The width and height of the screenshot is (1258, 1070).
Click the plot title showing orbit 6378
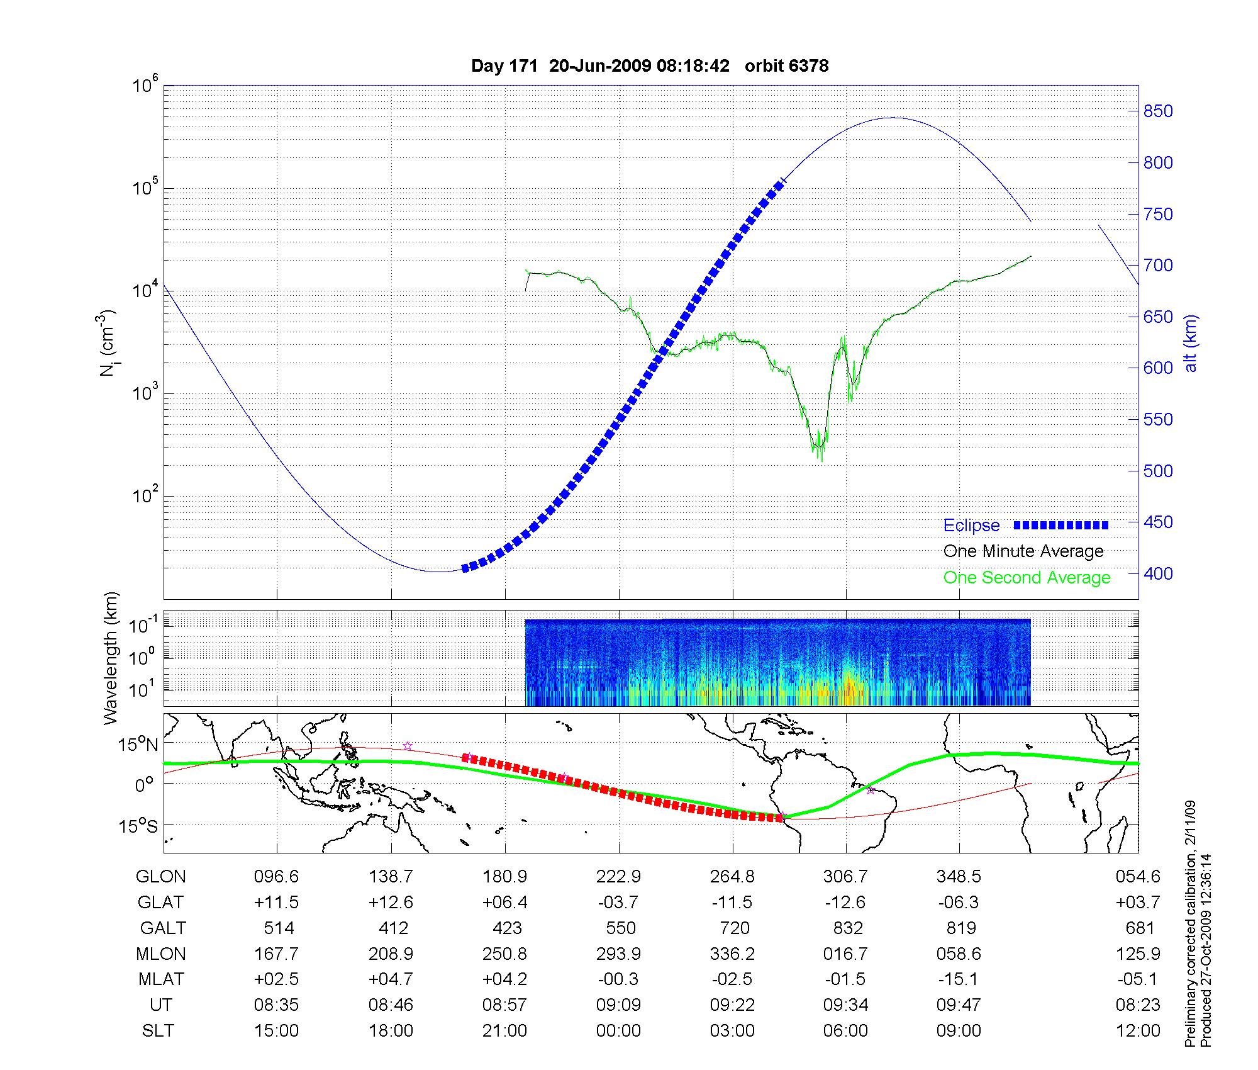tap(650, 65)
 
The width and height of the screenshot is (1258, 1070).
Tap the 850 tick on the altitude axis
tap(1158, 111)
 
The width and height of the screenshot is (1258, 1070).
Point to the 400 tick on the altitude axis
tap(1158, 573)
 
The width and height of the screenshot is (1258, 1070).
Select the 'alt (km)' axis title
tap(1191, 343)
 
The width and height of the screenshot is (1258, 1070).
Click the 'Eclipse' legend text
tap(971, 526)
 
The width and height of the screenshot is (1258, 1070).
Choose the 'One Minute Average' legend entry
tap(1023, 551)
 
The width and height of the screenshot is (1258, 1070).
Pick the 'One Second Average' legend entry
tap(1027, 578)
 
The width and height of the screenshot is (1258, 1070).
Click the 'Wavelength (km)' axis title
tap(110, 658)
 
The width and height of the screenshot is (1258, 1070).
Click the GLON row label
tap(161, 877)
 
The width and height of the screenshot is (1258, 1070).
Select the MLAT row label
tap(161, 979)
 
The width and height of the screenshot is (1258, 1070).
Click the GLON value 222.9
tap(619, 877)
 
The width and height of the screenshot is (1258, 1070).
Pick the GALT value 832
tap(847, 928)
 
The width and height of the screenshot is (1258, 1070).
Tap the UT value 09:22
tap(732, 1005)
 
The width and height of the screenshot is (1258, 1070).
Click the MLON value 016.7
tap(845, 954)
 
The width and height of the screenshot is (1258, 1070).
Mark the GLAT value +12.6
tap(391, 903)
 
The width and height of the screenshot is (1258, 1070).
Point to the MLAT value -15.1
tap(959, 979)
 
